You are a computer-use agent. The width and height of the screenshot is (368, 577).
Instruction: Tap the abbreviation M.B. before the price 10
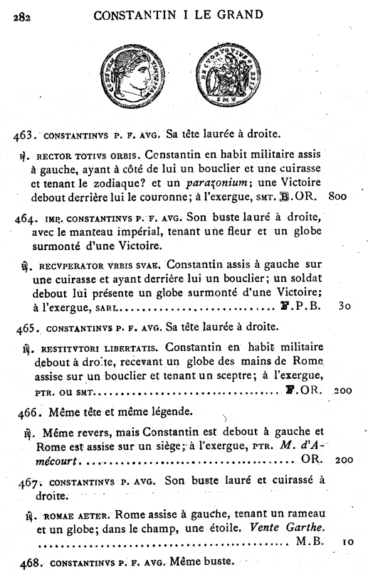click(x=307, y=541)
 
